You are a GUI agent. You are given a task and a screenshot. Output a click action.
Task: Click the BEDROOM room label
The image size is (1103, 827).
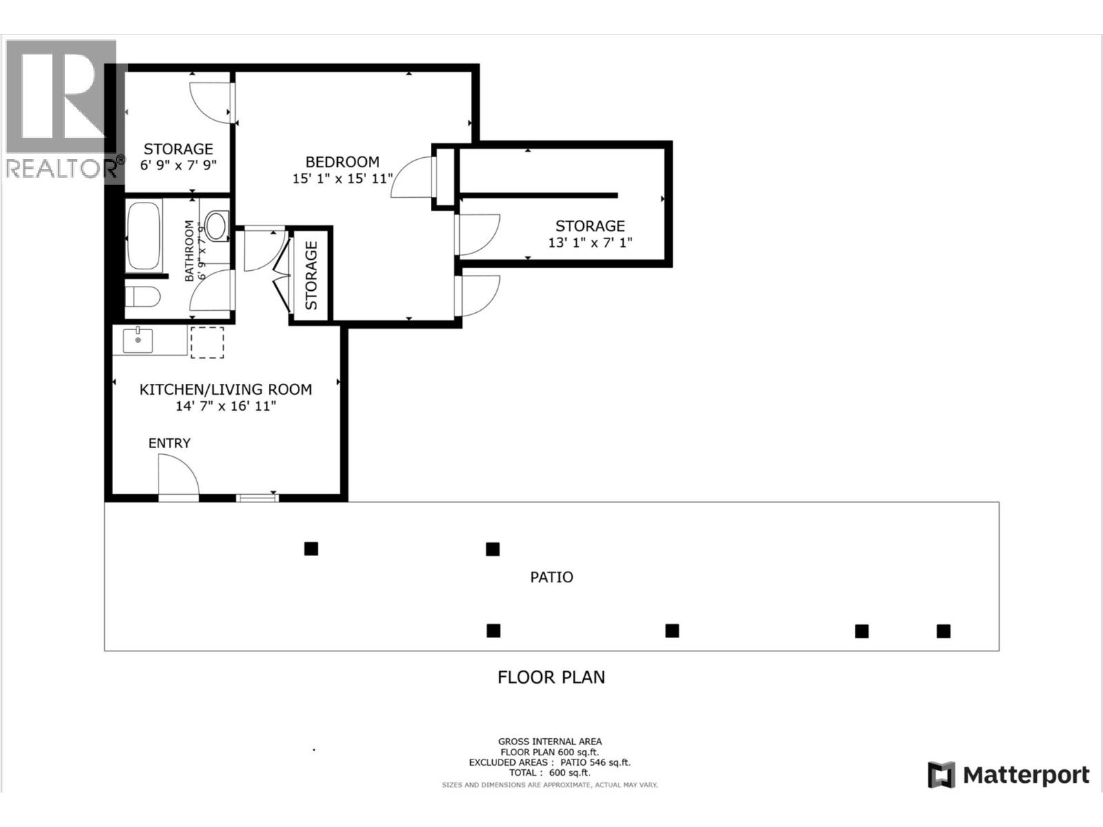click(x=342, y=162)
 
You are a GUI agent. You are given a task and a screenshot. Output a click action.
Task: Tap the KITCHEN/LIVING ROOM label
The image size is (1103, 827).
click(x=225, y=389)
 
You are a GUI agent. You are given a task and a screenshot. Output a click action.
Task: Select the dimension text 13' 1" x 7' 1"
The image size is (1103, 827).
click(x=589, y=243)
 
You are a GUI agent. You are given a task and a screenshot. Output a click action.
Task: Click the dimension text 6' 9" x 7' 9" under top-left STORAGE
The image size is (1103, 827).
click(x=178, y=165)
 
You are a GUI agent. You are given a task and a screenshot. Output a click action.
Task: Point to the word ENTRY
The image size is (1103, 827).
click(x=169, y=443)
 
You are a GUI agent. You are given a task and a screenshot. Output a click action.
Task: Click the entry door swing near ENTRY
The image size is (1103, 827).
click(x=178, y=476)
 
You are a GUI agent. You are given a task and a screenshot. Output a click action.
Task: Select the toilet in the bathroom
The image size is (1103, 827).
click(x=143, y=297)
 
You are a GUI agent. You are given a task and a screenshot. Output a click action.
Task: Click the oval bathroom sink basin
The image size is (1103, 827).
click(x=216, y=225)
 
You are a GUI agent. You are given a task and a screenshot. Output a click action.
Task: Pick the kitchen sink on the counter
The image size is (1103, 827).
click(x=138, y=340)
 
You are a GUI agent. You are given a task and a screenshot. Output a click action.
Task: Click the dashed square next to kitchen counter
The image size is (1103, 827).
click(x=207, y=343)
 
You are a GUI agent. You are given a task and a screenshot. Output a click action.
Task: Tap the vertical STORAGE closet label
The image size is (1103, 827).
click(x=311, y=275)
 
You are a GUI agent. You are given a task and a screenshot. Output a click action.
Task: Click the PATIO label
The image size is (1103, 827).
click(x=551, y=577)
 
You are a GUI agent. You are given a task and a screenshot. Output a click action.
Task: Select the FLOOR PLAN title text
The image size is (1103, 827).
click(x=551, y=677)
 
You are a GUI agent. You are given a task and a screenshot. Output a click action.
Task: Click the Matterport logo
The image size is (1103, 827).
click(x=1009, y=775)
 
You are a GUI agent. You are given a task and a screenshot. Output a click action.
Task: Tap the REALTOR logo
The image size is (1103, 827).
click(x=62, y=110)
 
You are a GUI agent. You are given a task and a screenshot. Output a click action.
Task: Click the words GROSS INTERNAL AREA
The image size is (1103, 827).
click(x=549, y=742)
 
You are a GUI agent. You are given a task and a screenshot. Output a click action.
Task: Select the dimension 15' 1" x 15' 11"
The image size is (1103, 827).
click(x=342, y=178)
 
